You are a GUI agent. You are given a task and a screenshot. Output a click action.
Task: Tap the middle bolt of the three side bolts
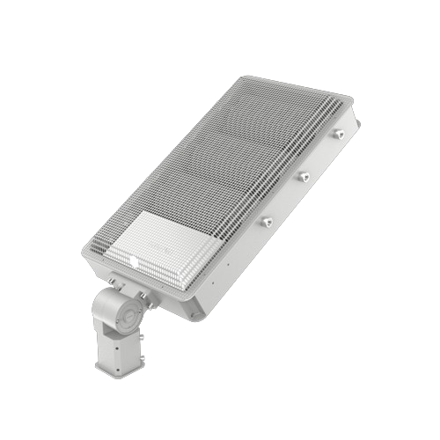tap(304, 178)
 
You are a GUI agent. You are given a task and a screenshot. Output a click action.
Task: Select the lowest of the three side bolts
tap(266, 222)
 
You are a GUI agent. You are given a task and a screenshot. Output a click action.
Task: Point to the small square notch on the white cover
tap(135, 261)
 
